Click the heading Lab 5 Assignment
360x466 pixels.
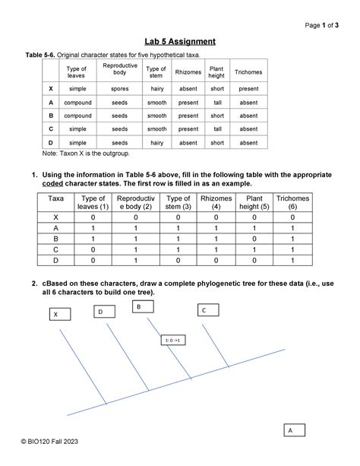180,41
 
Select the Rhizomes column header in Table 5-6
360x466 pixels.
188,72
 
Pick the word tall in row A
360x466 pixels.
216,102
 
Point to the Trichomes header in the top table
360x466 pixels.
248,72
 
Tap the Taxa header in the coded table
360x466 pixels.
55,199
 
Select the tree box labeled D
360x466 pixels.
99,311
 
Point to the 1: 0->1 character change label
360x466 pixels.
172,341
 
